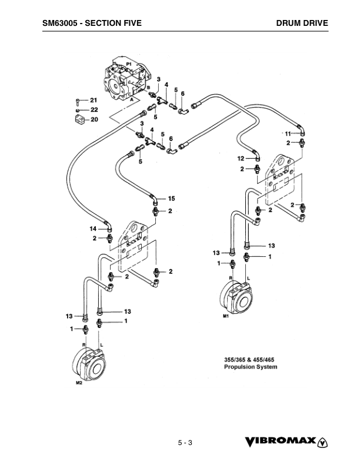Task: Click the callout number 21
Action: pos(94,101)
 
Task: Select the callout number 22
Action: pos(94,109)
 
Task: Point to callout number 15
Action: pos(171,198)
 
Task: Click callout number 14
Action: pos(93,228)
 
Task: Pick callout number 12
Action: pos(241,159)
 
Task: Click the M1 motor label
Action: pos(225,317)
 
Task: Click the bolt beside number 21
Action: pos(78,101)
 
